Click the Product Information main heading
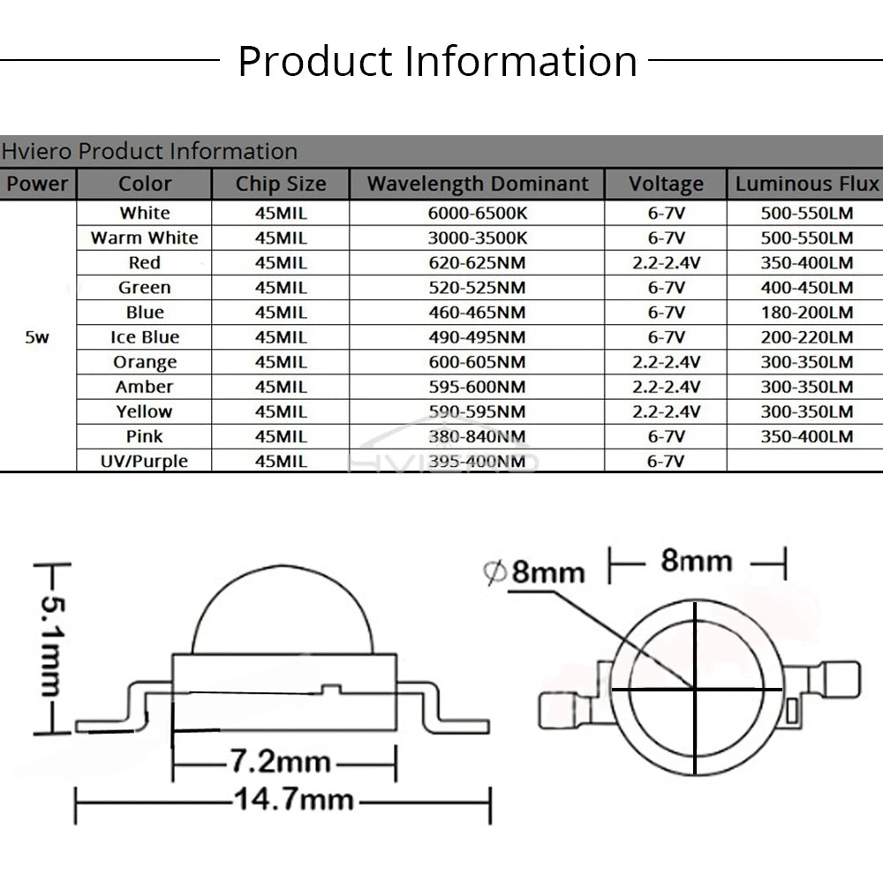click(x=438, y=61)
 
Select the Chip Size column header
click(x=281, y=184)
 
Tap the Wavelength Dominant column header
click(x=478, y=184)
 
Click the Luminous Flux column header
click(x=807, y=184)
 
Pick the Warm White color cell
click(x=144, y=238)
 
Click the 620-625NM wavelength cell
click(x=477, y=262)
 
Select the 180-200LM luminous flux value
click(x=807, y=312)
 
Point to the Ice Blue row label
click(x=145, y=336)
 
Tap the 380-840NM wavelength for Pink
click(x=477, y=436)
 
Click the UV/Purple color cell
click(x=144, y=461)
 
